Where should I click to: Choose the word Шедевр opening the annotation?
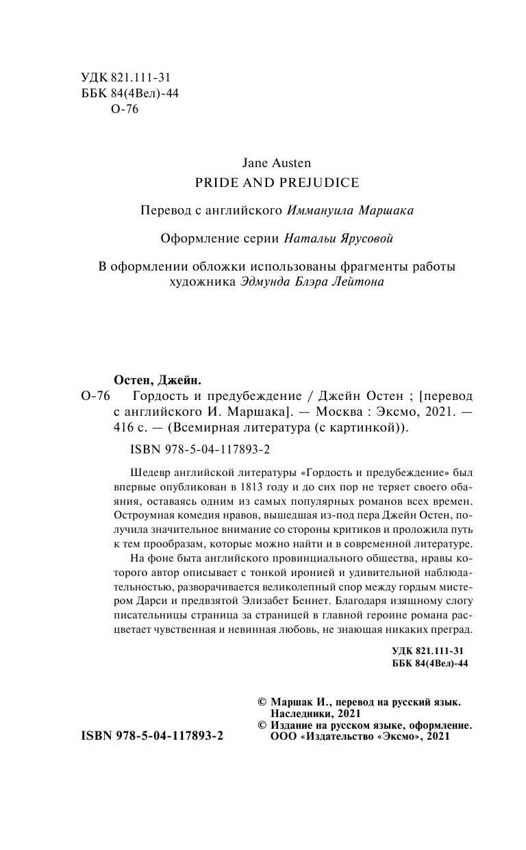[x=146, y=473]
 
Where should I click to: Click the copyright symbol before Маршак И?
[x=261, y=703]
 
